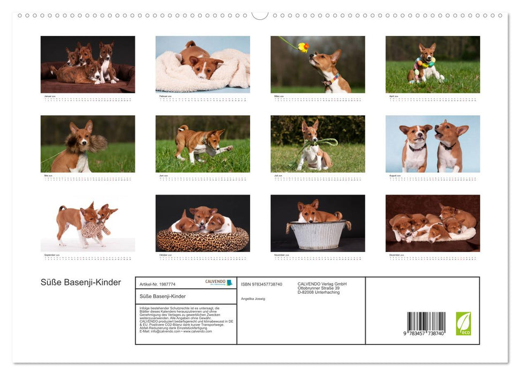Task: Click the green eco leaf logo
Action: pos(463,324)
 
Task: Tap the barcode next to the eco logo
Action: pos(426,323)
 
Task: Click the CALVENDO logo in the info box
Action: pos(218,282)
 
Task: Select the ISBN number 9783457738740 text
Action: pos(261,284)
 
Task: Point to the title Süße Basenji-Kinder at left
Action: pos(81,282)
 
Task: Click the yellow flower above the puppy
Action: pos(304,47)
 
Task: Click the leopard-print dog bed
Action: pos(202,239)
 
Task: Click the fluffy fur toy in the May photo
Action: pos(96,142)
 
